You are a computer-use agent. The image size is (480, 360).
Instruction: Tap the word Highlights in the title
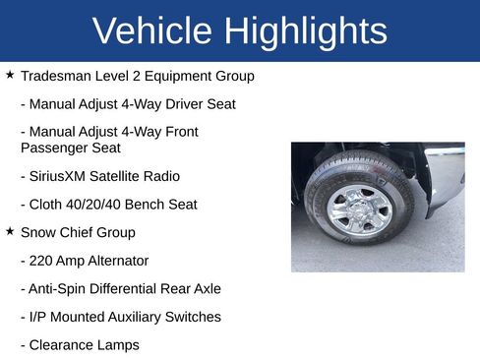click(306, 31)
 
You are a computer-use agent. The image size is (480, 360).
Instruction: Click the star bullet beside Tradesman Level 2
click(10, 75)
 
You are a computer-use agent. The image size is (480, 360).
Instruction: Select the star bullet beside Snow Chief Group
click(10, 231)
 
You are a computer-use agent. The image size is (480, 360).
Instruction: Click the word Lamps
click(119, 345)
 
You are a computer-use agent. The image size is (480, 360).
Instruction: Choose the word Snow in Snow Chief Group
click(37, 233)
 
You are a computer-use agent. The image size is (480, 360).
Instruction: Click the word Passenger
click(54, 148)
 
